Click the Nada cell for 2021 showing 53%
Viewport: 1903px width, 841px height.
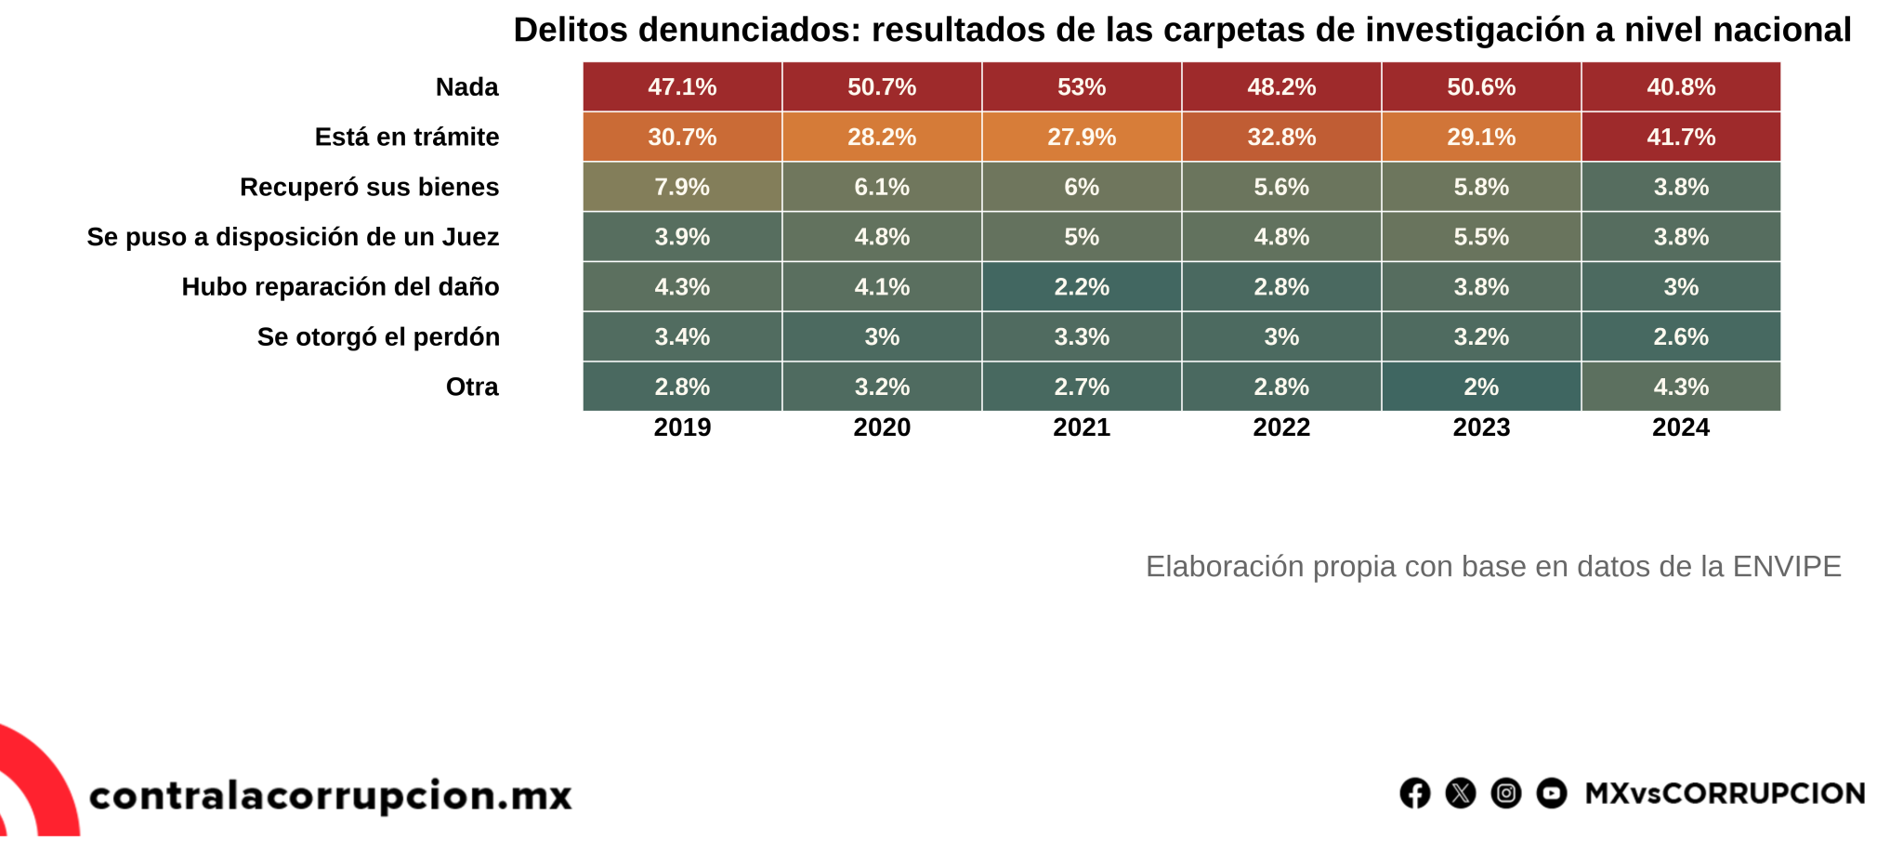pyautogui.click(x=1082, y=87)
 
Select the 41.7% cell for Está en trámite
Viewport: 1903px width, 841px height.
pyautogui.click(x=1681, y=138)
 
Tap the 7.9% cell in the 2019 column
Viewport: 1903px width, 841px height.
pyautogui.click(x=682, y=187)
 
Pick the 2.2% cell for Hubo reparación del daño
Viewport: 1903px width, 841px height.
pyautogui.click(x=1082, y=287)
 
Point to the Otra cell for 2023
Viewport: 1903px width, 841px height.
pyautogui.click(x=1481, y=387)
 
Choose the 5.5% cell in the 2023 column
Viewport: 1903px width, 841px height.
pyautogui.click(x=1481, y=237)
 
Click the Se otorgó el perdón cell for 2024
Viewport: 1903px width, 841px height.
pyautogui.click(x=1681, y=336)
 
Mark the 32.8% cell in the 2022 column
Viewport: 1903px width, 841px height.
pyautogui.click(x=1281, y=138)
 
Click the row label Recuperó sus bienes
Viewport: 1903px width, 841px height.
pyautogui.click(x=369, y=187)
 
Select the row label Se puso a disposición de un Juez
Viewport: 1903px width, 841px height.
pyautogui.click(x=293, y=237)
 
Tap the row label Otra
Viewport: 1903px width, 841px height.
pyautogui.click(x=472, y=387)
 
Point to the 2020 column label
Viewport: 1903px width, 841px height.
pyautogui.click(x=882, y=427)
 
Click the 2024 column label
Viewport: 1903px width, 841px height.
pyautogui.click(x=1681, y=427)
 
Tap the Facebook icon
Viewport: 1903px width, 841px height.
pyautogui.click(x=1415, y=794)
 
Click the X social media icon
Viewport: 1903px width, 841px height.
pyautogui.click(x=1461, y=794)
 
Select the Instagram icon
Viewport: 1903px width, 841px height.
pyautogui.click(x=1506, y=794)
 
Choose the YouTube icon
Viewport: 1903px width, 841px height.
pyautogui.click(x=1552, y=794)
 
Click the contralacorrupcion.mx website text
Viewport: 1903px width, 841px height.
pyautogui.click(x=331, y=795)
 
